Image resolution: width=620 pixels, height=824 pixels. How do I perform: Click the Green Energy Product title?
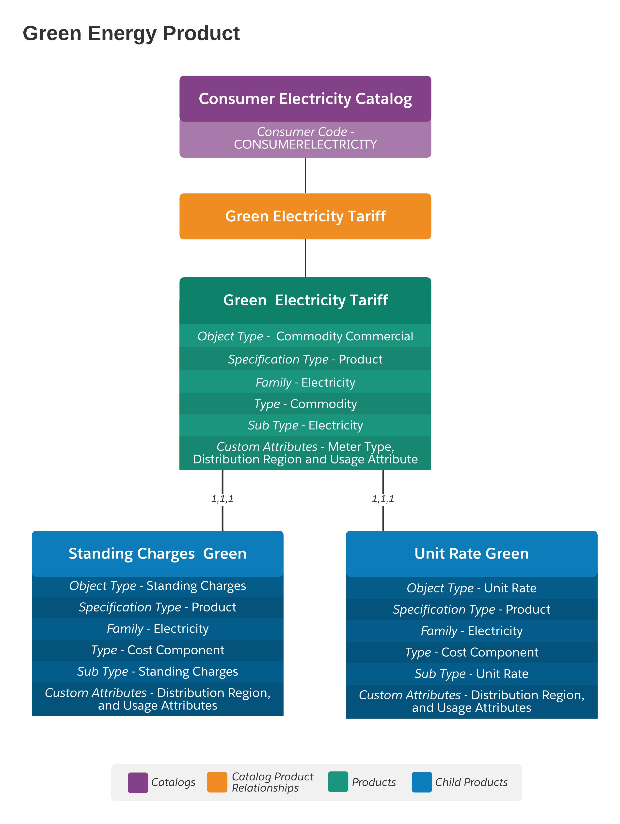(131, 33)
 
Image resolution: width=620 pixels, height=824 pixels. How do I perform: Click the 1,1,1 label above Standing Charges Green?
(222, 498)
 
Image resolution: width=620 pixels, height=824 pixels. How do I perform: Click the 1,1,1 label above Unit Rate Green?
(383, 498)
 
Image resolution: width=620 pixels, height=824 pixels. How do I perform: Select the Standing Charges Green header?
(158, 554)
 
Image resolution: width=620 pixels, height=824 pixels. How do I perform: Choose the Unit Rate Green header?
(471, 554)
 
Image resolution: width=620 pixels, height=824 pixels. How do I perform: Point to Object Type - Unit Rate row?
(471, 588)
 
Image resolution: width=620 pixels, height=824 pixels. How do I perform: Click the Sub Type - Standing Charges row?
(158, 671)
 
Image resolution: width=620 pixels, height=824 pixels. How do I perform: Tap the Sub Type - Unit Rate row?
(471, 674)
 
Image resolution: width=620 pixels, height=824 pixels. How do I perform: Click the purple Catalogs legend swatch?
(138, 782)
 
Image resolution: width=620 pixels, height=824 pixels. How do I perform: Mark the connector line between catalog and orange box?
(305, 175)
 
